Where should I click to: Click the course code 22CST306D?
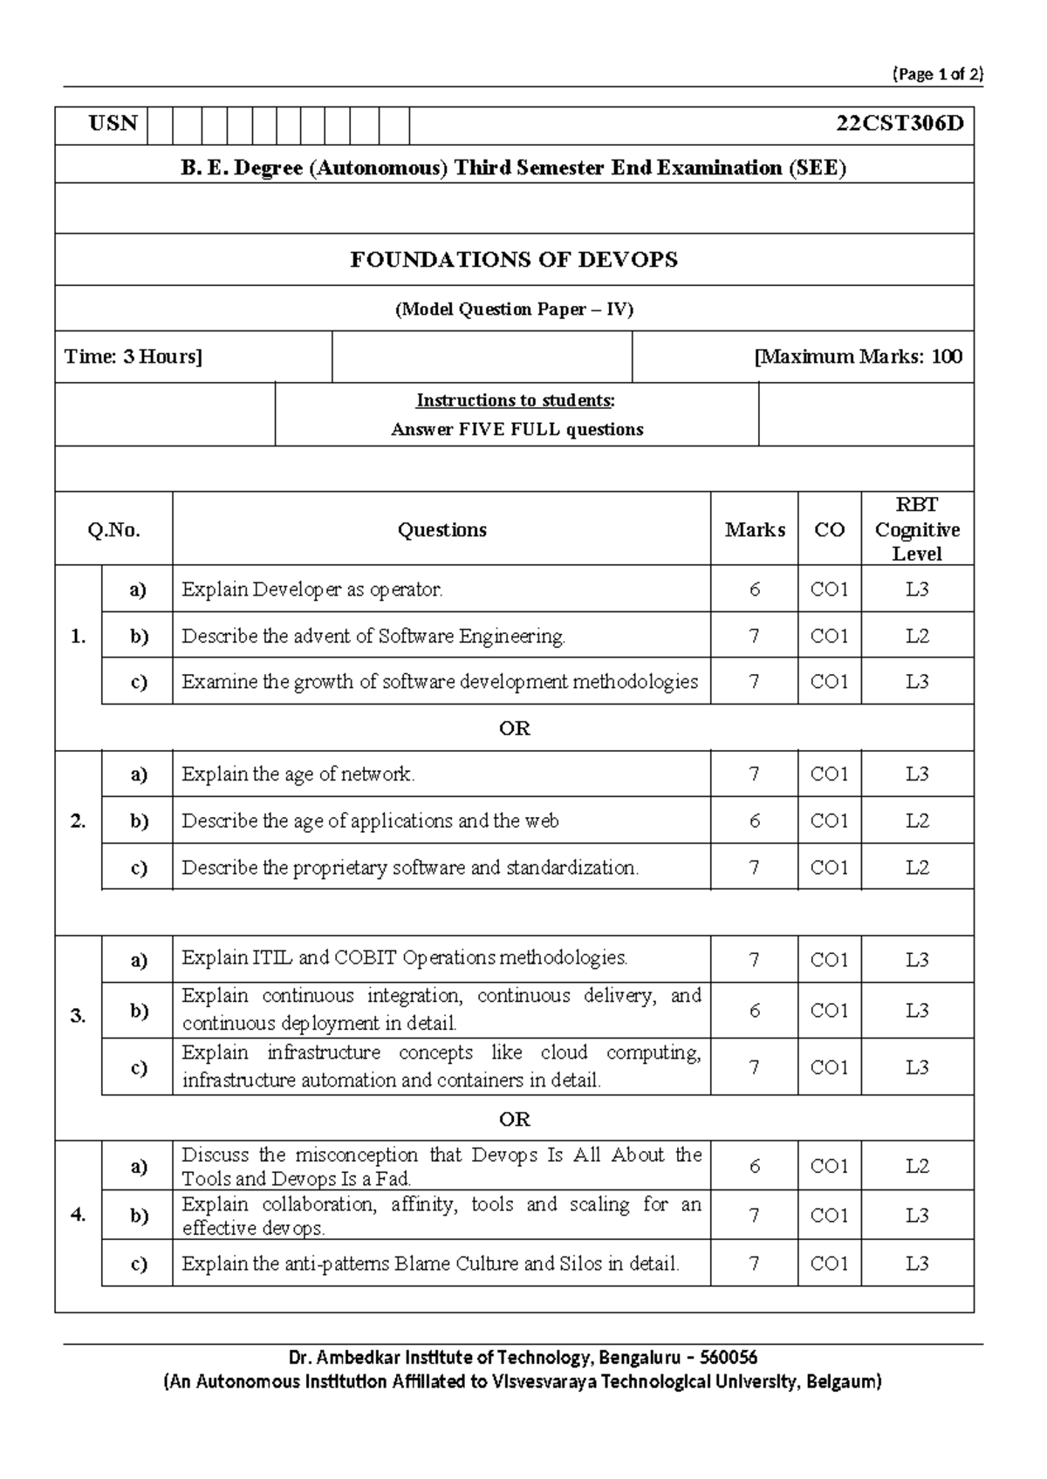pos(900,124)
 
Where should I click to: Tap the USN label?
pos(113,124)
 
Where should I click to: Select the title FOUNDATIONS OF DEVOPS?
pos(514,259)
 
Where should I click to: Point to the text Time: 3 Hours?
pos(133,356)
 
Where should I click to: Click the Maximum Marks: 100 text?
pos(859,356)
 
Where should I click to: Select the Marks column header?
pos(755,529)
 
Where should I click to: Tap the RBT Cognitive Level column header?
pos(917,528)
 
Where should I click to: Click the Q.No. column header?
pos(113,529)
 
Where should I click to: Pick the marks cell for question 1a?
pos(755,590)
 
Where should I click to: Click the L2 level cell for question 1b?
pos(917,636)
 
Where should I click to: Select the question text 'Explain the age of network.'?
pos(298,774)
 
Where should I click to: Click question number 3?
pos(78,1015)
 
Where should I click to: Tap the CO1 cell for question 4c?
pos(829,1263)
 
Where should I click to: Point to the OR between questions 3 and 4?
pos(514,1118)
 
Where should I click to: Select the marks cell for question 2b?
pos(755,821)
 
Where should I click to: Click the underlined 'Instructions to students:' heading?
pos(515,400)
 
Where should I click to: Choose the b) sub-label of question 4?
pos(139,1215)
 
